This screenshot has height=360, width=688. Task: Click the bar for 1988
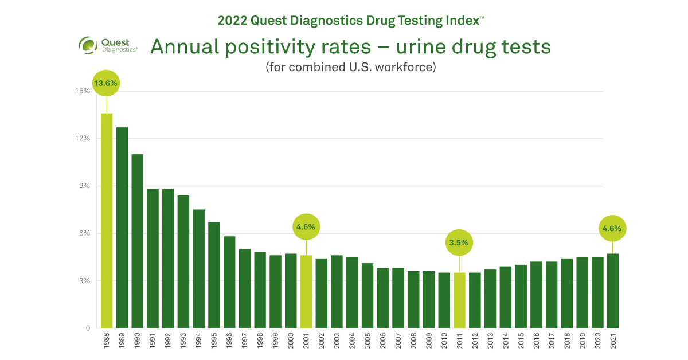tap(107, 221)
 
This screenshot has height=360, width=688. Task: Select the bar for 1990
tap(138, 241)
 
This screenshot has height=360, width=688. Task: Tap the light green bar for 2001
tap(306, 291)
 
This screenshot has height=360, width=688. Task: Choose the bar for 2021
tap(612, 291)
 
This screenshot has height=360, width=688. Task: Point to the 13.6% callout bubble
tap(106, 83)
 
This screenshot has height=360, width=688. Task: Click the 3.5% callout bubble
tap(459, 242)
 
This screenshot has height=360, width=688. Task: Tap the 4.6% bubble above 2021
tap(612, 228)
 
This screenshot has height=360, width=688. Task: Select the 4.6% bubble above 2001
tap(306, 227)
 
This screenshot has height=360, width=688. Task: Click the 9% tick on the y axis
tap(84, 186)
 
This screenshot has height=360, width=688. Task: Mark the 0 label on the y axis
tap(88, 328)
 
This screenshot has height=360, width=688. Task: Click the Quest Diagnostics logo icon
tap(88, 45)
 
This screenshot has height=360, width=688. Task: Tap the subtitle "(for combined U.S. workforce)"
tap(351, 67)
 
